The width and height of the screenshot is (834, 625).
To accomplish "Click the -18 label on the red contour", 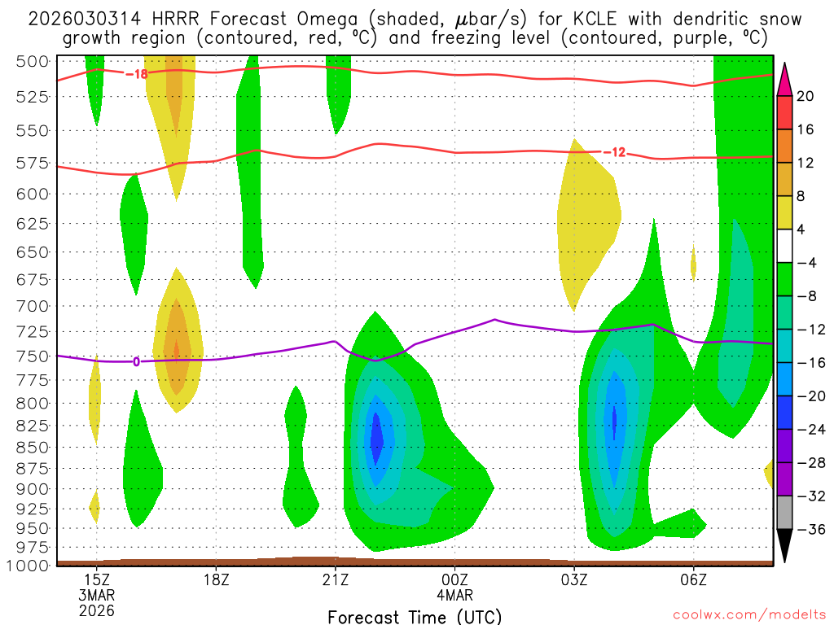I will pyautogui.click(x=136, y=74).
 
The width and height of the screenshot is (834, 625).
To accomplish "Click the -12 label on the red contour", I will pyautogui.click(x=614, y=152).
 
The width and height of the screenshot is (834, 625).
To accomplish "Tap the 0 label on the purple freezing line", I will pyautogui.click(x=136, y=361).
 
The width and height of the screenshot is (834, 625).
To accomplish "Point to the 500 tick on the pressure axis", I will pyautogui.click(x=33, y=62).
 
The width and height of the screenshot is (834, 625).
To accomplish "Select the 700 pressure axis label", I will pyautogui.click(x=33, y=306).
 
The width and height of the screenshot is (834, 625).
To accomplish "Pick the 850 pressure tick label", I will pyautogui.click(x=33, y=447).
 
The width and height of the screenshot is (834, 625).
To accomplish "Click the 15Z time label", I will pyautogui.click(x=97, y=579).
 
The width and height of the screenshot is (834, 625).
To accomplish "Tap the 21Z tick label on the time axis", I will pyautogui.click(x=335, y=579).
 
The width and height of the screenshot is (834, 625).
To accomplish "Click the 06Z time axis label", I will pyautogui.click(x=693, y=579).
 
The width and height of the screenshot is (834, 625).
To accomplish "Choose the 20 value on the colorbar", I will pyautogui.click(x=805, y=96).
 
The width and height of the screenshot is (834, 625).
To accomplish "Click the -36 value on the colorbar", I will pyautogui.click(x=810, y=530).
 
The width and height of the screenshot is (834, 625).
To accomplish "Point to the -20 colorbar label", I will pyautogui.click(x=810, y=396).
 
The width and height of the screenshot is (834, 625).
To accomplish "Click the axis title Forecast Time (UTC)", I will pyautogui.click(x=415, y=616).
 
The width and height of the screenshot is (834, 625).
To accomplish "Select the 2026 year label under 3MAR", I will pyautogui.click(x=97, y=610).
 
